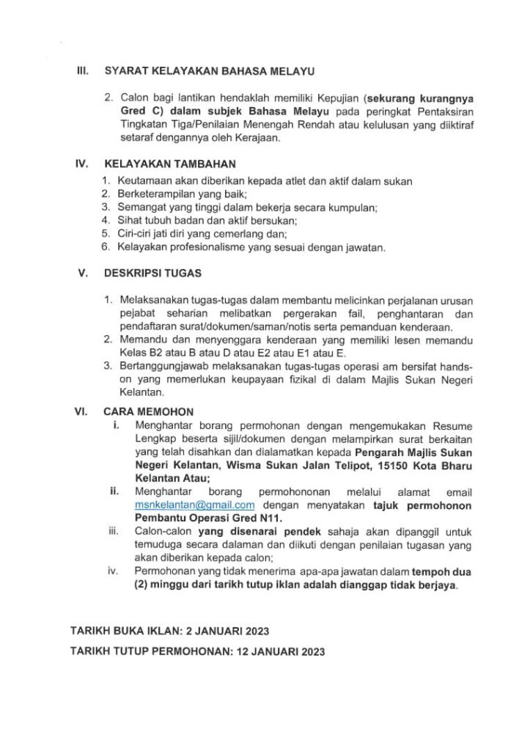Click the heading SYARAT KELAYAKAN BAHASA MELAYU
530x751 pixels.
click(x=210, y=72)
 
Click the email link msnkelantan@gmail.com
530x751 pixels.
click(x=194, y=505)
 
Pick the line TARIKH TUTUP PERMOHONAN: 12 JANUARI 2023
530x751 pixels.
click(x=197, y=651)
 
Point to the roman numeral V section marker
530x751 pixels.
click(x=83, y=272)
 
